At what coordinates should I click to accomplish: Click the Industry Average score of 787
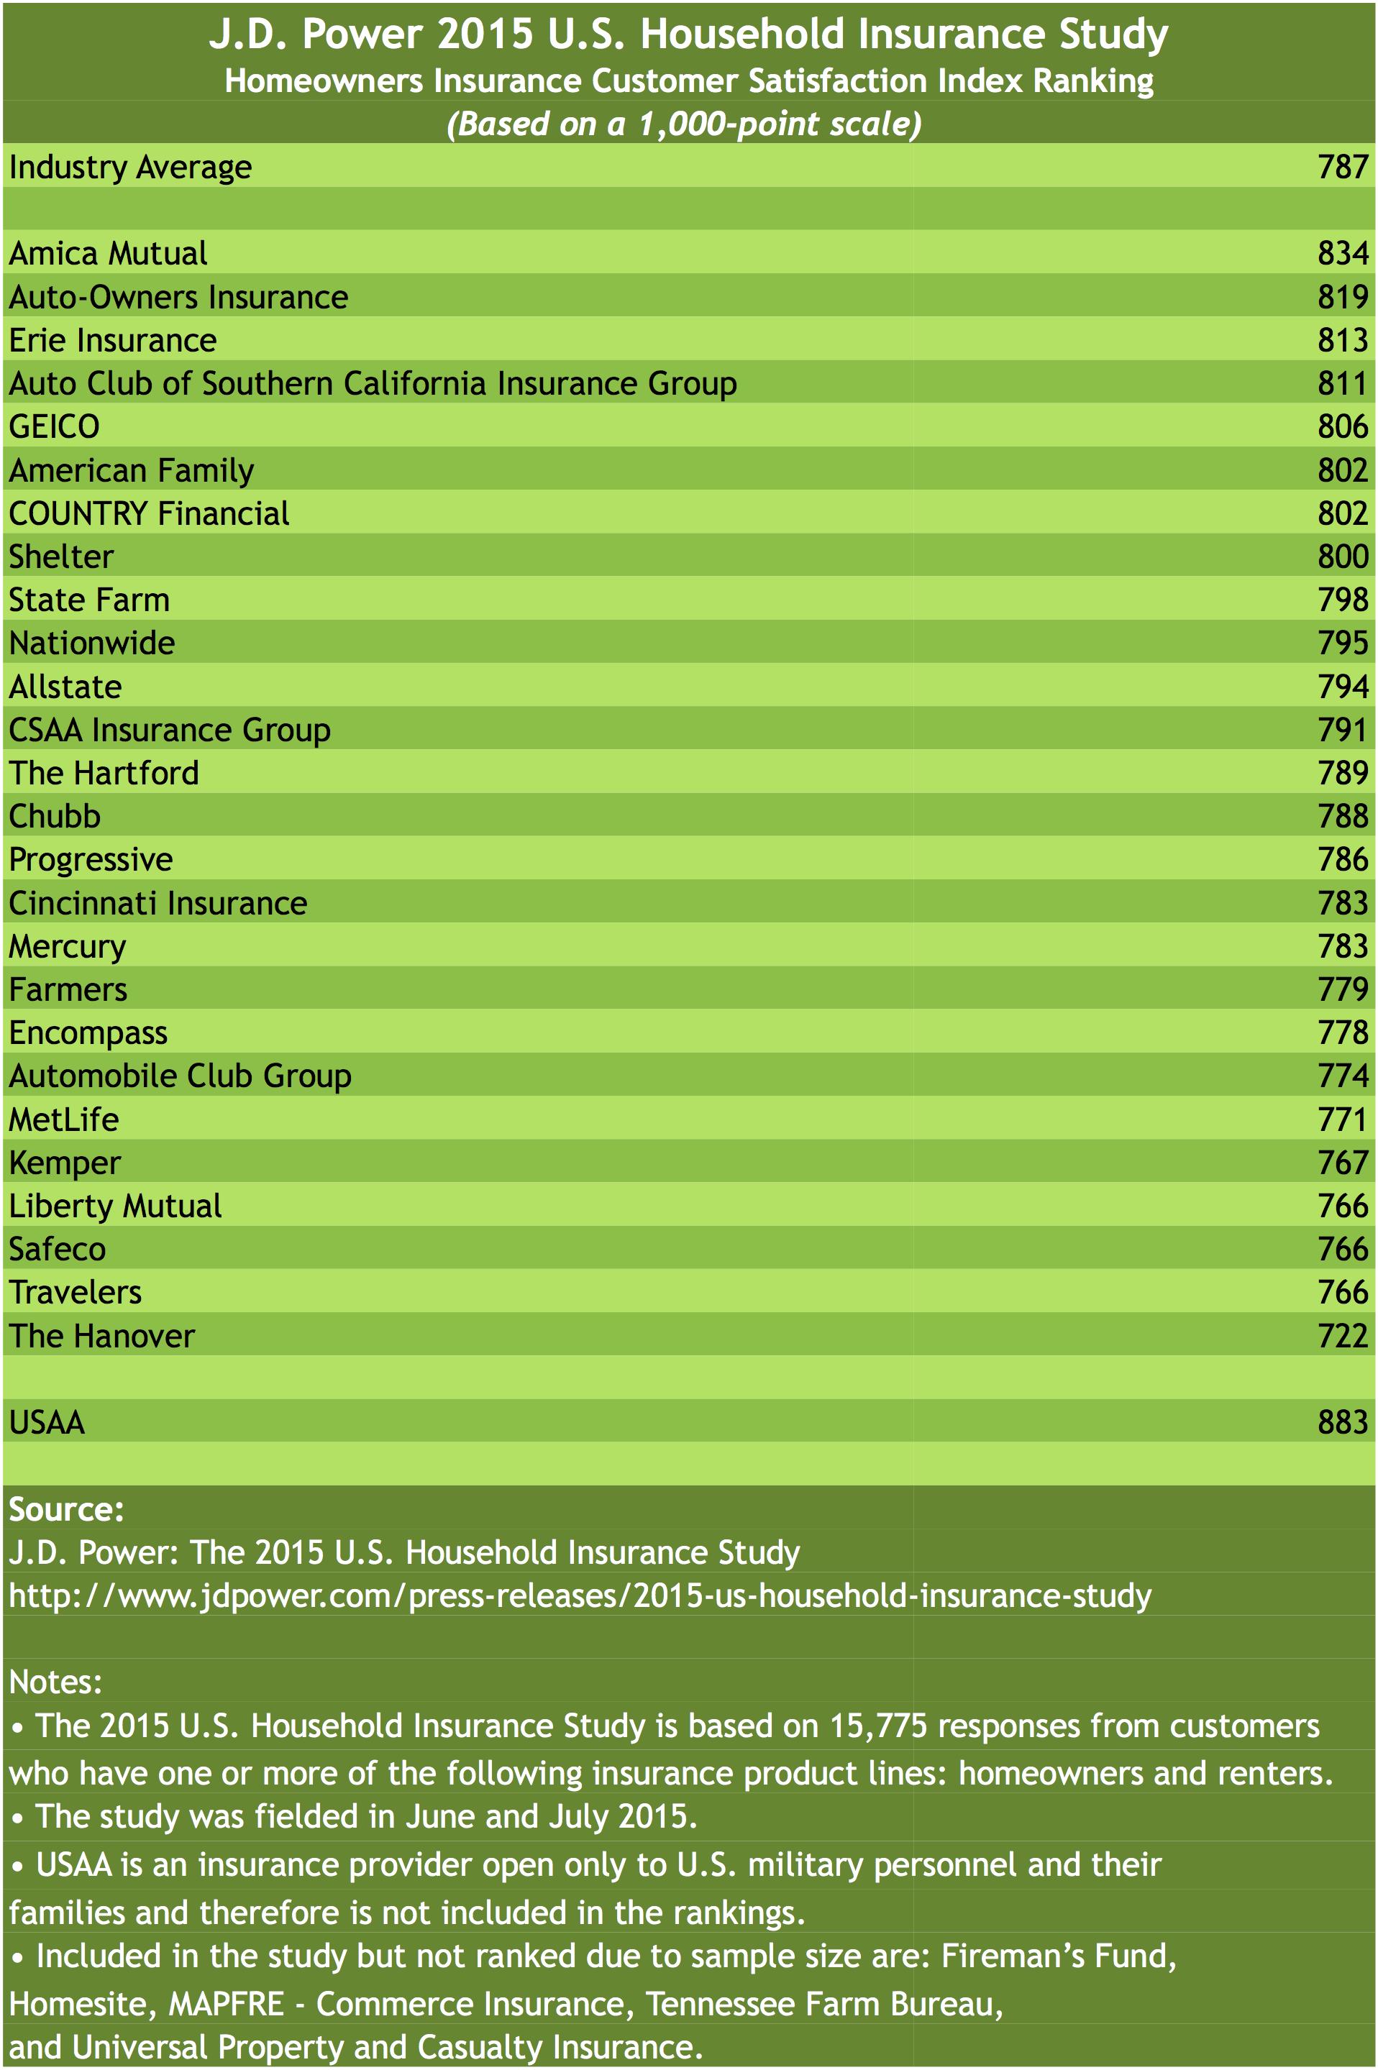click(1342, 167)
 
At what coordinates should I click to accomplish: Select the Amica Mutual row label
click(108, 254)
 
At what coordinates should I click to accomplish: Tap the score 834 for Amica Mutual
click(1342, 254)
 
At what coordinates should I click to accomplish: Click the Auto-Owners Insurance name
click(178, 297)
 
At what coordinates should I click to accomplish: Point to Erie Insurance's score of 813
click(1342, 340)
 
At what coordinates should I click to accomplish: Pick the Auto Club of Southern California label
click(373, 384)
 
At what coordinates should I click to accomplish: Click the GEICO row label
click(55, 427)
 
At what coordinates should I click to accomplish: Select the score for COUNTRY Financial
click(1342, 514)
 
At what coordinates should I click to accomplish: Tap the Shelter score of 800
click(1342, 557)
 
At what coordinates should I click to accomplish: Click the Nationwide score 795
click(1342, 643)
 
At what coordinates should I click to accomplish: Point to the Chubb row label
click(55, 816)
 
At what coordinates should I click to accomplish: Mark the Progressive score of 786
click(1342, 859)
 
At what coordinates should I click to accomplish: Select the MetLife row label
click(63, 1119)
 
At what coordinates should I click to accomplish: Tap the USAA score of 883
click(1342, 1422)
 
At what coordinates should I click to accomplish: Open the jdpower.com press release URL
click(580, 1595)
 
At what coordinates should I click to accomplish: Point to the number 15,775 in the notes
click(878, 1726)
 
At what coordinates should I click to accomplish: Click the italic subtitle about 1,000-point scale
click(684, 124)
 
